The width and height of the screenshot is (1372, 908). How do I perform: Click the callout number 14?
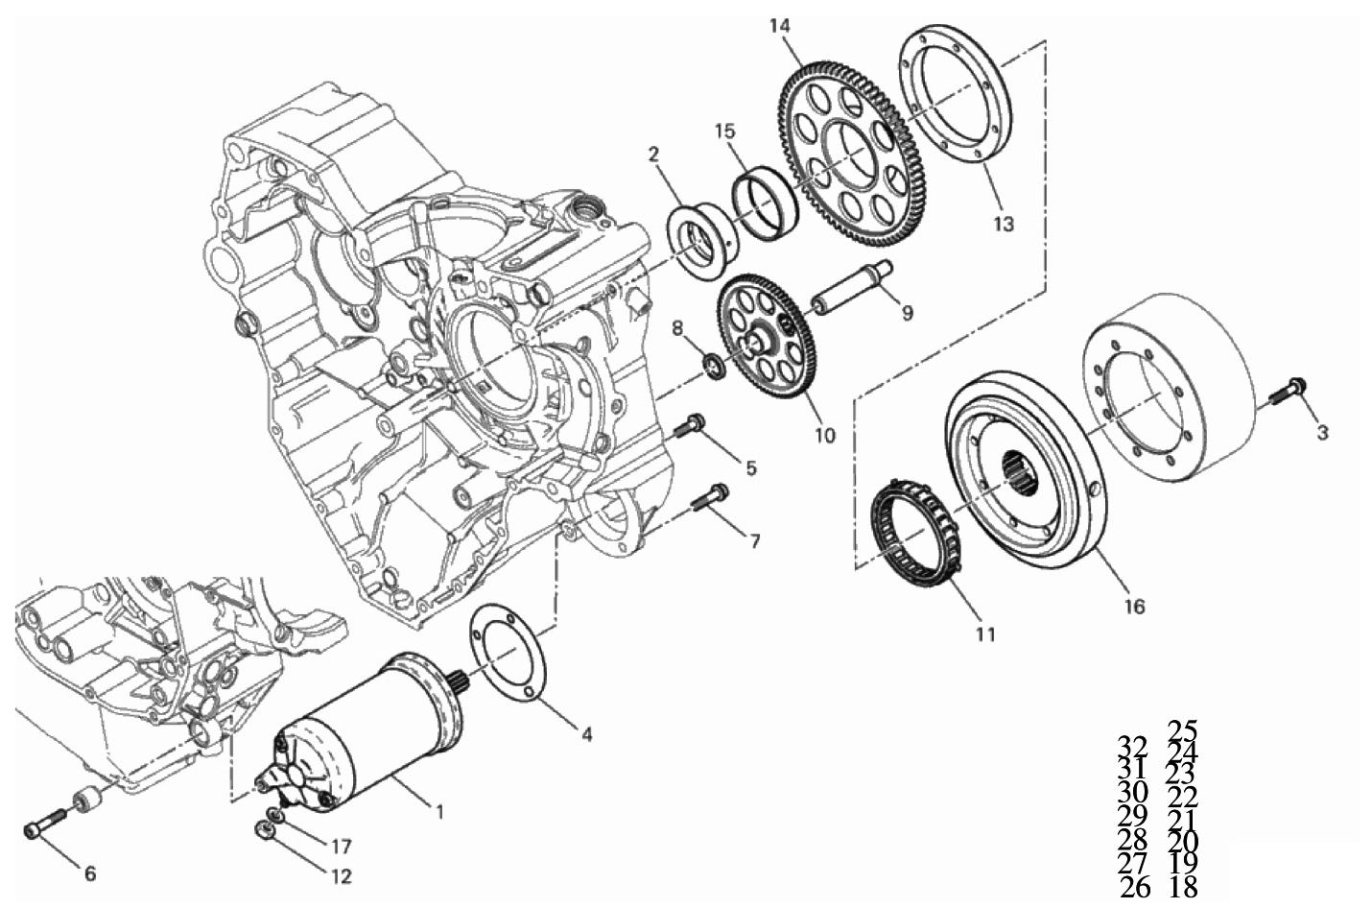click(x=780, y=25)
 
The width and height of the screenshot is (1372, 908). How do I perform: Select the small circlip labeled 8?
click(x=714, y=365)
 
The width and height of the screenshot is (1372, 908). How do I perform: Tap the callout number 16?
click(x=1134, y=607)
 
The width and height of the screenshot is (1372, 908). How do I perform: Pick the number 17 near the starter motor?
click(x=341, y=847)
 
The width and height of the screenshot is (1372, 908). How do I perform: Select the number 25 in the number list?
click(x=1183, y=730)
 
